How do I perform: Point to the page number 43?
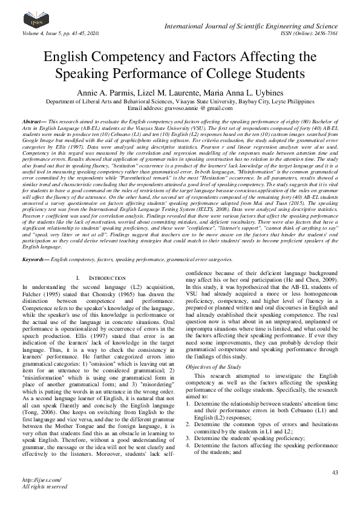click(335, 472)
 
